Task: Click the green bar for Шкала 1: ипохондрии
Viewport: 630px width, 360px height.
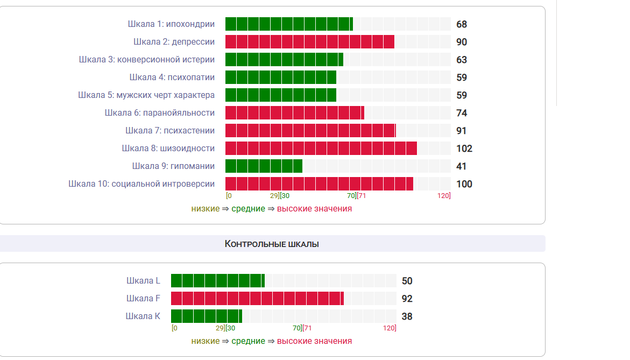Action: pos(289,24)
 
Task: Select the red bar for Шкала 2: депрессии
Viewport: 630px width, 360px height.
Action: pos(309,42)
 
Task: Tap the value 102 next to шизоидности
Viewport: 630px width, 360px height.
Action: pos(464,149)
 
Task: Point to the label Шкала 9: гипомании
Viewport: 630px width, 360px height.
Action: pos(173,166)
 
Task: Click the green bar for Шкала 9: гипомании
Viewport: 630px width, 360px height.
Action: pos(264,166)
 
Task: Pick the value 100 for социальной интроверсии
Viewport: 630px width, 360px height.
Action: pos(464,184)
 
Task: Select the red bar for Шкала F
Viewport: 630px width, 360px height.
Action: pos(257,299)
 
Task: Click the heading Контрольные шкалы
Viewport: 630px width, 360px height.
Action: pos(272,244)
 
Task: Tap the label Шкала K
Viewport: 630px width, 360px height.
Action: pos(143,316)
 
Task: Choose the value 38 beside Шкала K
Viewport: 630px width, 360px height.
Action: pos(407,316)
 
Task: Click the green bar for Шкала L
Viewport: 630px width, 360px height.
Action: pos(218,281)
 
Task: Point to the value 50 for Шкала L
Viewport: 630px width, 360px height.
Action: pos(407,281)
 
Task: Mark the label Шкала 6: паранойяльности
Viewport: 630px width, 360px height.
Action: pos(160,113)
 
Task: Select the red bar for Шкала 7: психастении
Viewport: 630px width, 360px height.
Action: pos(310,131)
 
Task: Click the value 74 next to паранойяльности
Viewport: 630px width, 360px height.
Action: pos(462,113)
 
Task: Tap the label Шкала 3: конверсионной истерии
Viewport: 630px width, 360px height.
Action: pos(146,60)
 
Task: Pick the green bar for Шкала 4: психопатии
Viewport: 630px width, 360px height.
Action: pos(281,77)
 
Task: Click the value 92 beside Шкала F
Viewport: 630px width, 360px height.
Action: pos(407,299)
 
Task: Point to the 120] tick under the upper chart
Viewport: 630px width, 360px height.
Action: pos(444,196)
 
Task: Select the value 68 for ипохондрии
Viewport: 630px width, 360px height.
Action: pos(462,24)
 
